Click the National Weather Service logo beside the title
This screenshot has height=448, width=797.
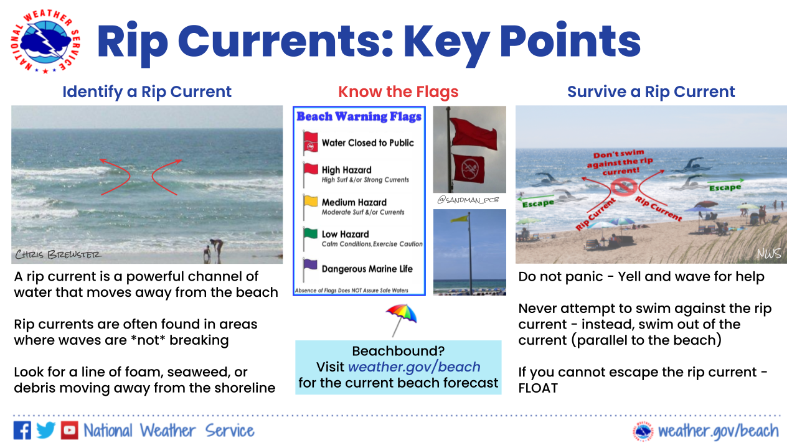click(x=45, y=41)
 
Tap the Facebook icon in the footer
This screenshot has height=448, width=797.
click(x=22, y=431)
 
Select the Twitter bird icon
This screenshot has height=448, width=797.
click(x=46, y=431)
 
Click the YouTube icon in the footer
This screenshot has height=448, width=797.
click(x=69, y=431)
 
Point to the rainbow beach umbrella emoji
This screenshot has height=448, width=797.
click(x=402, y=320)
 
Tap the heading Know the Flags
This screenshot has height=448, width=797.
click(x=398, y=91)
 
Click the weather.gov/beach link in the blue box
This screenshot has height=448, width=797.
click(x=414, y=367)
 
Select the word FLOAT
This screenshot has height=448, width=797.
click(x=538, y=388)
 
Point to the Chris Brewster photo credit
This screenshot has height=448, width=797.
click(x=59, y=254)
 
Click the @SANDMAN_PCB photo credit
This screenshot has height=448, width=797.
click(x=468, y=200)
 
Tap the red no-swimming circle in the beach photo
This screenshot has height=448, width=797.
click(x=623, y=187)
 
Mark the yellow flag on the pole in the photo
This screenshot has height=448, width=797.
click(x=460, y=218)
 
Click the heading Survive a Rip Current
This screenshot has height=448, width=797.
click(x=651, y=91)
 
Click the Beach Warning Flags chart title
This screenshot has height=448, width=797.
click(x=359, y=116)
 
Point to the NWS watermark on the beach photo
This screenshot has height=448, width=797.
click(x=769, y=253)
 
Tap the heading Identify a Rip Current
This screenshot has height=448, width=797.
click(x=147, y=91)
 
